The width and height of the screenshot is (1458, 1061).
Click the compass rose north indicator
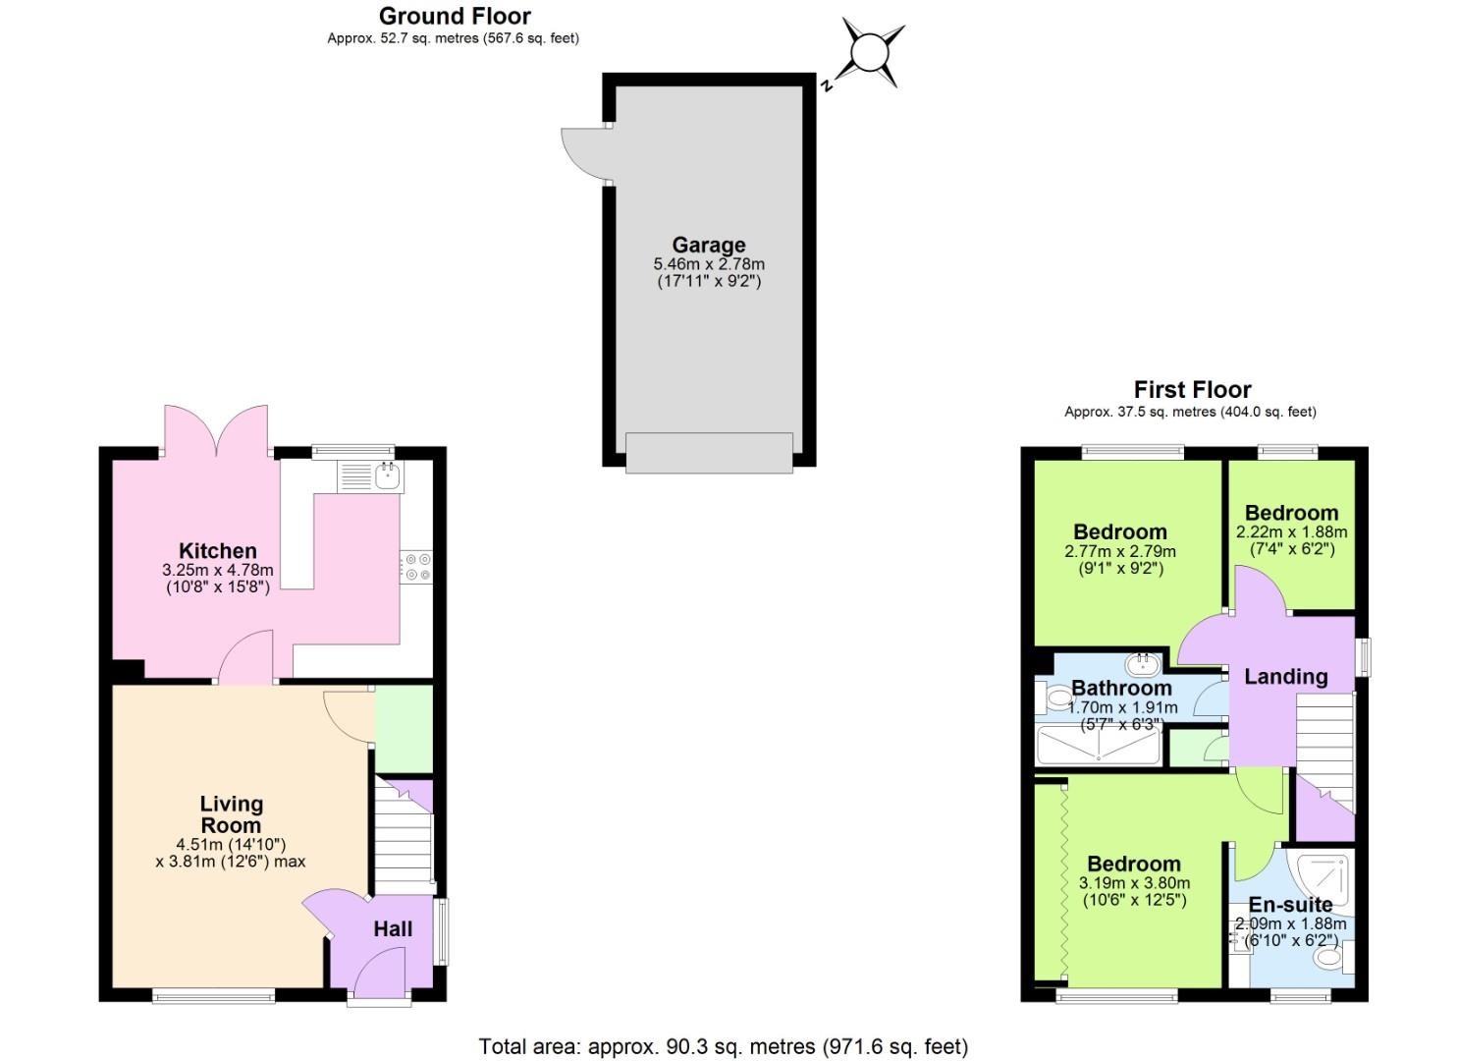[869, 53]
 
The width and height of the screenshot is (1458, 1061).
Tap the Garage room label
[708, 245]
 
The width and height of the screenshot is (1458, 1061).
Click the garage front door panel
[709, 453]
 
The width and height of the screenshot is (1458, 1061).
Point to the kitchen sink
[387, 477]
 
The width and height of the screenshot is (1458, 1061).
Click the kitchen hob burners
[417, 567]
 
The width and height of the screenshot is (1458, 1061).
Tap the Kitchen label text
[217, 551]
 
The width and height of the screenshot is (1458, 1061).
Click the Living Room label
[231, 814]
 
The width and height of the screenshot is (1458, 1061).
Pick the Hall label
[393, 928]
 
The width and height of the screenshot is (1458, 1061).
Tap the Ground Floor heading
[455, 16]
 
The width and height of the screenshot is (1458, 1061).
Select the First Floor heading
[1192, 389]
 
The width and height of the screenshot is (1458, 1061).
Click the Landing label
[1285, 676]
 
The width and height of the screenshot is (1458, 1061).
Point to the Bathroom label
[1120, 688]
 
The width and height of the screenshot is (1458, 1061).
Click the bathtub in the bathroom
[1098, 746]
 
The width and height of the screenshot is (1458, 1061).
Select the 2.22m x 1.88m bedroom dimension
[1291, 532]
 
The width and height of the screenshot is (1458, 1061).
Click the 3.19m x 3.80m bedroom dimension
[1134, 883]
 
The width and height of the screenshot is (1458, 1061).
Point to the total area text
[723, 1046]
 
